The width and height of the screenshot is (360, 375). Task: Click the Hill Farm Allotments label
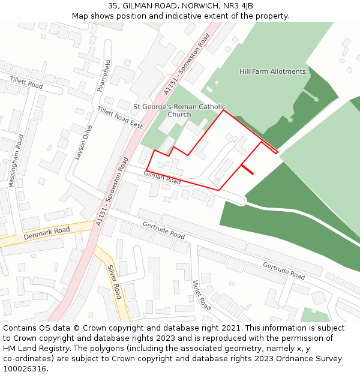coord(272,71)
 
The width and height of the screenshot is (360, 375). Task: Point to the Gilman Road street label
coord(162,177)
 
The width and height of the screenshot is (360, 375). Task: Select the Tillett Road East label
coord(120,118)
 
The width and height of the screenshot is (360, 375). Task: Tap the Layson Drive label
coord(83,142)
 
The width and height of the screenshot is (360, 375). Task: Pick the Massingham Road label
coord(16,161)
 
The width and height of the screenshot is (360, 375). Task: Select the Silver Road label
coord(115,282)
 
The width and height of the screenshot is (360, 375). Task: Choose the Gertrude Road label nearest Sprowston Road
coord(164,230)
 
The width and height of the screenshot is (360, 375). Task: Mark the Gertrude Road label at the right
coord(284,271)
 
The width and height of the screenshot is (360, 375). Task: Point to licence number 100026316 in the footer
coord(24,369)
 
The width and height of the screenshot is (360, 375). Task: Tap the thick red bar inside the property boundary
coord(247,169)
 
